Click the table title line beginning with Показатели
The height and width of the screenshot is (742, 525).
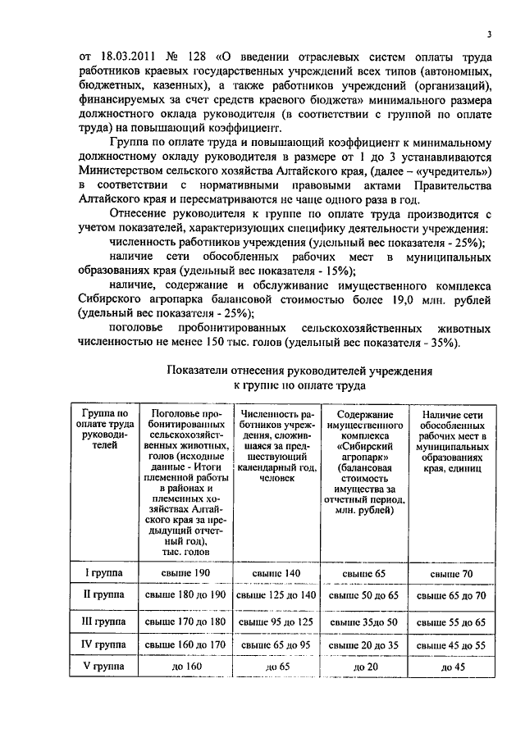coord(299,371)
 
